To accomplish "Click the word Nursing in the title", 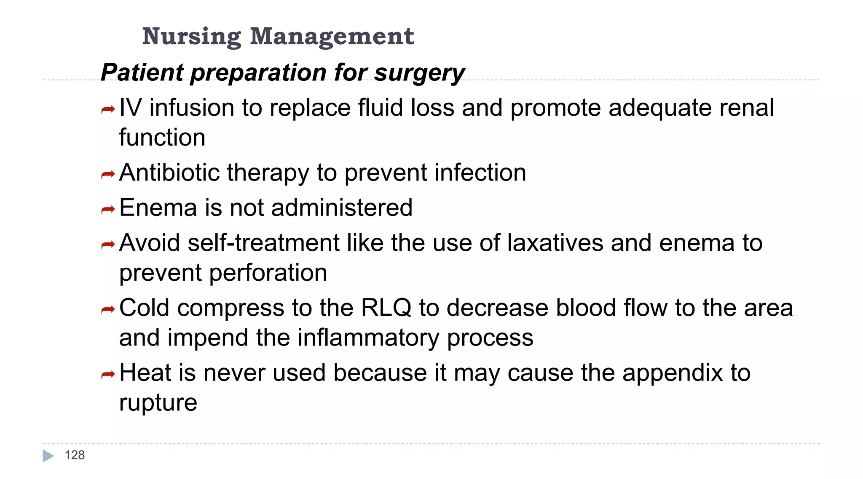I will [x=191, y=37].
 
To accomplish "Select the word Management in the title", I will [x=332, y=37].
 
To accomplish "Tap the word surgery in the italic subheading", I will [x=419, y=72].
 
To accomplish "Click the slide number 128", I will [x=75, y=455].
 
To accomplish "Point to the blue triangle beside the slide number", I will [x=48, y=456].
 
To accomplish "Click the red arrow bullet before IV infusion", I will [x=108, y=110].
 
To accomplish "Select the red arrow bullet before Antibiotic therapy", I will [x=108, y=174].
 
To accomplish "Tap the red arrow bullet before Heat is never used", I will [x=108, y=374].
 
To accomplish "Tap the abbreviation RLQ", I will [x=386, y=308].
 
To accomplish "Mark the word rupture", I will [x=158, y=403].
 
